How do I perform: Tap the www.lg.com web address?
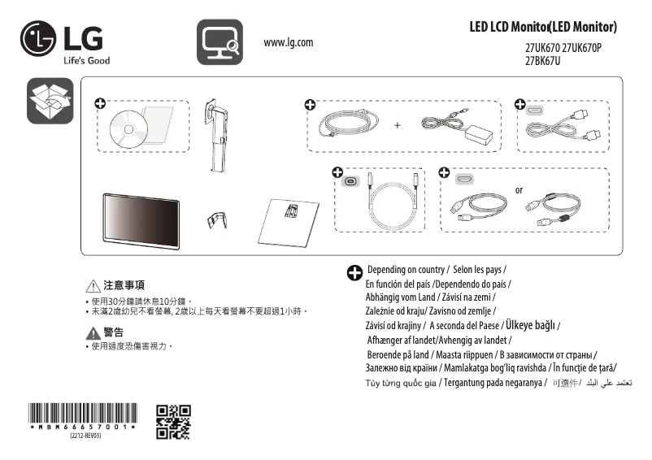click(x=289, y=42)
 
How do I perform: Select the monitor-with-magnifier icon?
click(x=220, y=42)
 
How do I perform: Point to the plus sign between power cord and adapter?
click(x=398, y=126)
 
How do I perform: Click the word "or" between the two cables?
click(x=519, y=190)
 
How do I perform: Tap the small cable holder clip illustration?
click(x=216, y=218)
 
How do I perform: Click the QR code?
click(x=173, y=421)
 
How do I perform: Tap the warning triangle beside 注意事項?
click(x=92, y=286)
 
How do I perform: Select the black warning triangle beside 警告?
click(x=92, y=332)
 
